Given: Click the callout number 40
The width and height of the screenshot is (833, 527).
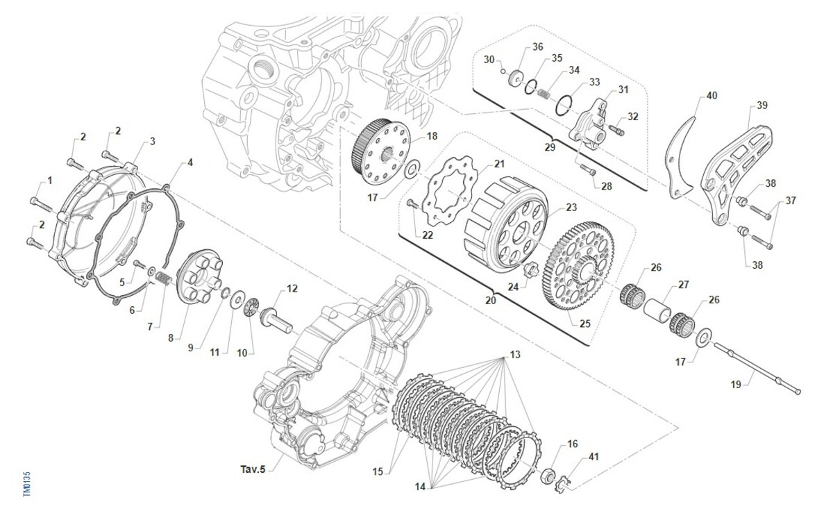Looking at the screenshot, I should [712, 95].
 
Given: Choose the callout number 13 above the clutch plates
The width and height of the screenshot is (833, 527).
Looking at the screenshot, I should [514, 354].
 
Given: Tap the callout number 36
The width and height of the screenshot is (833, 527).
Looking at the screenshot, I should [538, 47].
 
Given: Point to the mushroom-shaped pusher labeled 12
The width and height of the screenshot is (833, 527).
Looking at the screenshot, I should [271, 321].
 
